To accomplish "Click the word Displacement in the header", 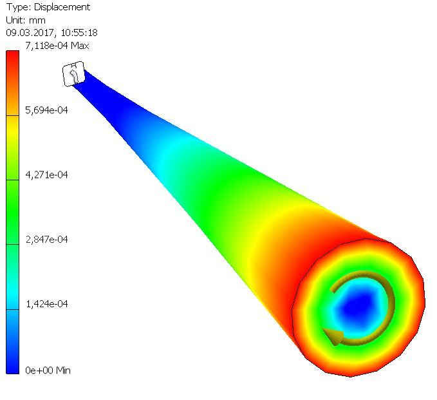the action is [x=62, y=7].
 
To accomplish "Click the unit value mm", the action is [x=37, y=21].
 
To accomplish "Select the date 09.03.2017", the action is [x=30, y=33].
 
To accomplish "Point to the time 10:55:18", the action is [x=79, y=33].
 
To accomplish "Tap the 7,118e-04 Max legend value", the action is [x=57, y=46].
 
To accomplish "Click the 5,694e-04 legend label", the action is [x=46, y=110].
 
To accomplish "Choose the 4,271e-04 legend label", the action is [x=46, y=175].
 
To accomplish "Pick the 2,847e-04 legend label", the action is [x=46, y=240].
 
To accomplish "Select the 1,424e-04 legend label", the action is [x=46, y=304].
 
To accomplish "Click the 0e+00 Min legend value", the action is [x=48, y=370].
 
